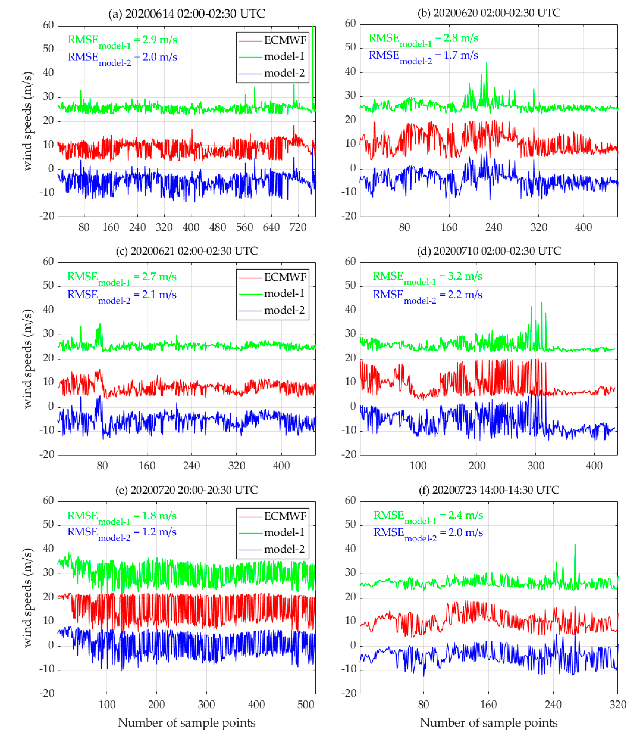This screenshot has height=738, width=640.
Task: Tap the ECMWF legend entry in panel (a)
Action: click(285, 40)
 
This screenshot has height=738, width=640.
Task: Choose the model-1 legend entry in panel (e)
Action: click(284, 532)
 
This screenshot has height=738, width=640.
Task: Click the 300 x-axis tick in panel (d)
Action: click(536, 466)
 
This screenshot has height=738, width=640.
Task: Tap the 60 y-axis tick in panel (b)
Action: click(350, 24)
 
